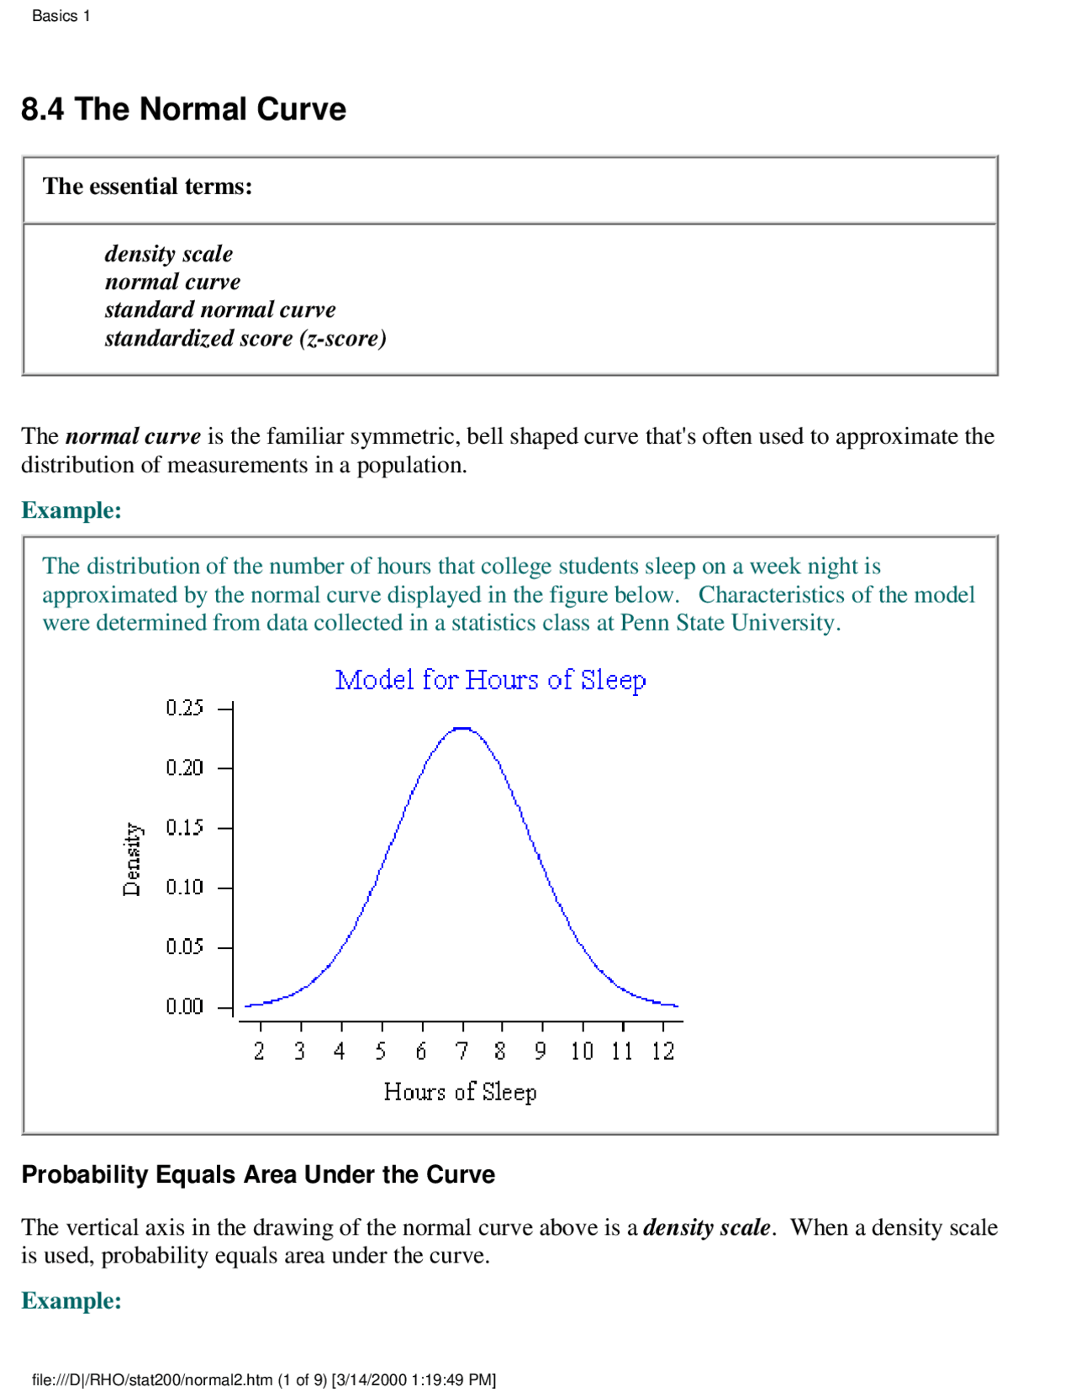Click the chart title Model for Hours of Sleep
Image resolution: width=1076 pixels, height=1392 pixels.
click(x=490, y=679)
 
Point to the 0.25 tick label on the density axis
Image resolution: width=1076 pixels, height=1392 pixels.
click(x=184, y=708)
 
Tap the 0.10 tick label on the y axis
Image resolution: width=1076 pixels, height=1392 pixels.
click(x=184, y=887)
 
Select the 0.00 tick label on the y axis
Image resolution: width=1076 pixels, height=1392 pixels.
click(x=184, y=1006)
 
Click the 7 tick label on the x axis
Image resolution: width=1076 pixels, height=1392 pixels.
click(x=462, y=1051)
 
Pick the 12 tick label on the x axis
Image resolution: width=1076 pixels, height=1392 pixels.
click(x=663, y=1051)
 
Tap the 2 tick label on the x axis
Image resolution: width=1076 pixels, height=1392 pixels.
click(x=260, y=1051)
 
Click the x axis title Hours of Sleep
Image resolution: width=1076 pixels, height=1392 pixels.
click(x=460, y=1092)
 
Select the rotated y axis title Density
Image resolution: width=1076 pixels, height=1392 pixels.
click(x=133, y=858)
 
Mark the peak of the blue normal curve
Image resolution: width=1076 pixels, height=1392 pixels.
click(x=462, y=728)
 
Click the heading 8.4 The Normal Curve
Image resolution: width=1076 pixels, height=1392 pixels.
click(x=183, y=109)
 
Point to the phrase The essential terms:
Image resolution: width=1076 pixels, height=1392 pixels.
click(x=147, y=187)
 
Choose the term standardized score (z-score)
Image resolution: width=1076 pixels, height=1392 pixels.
click(x=245, y=338)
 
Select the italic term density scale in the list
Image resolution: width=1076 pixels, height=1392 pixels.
click(x=169, y=254)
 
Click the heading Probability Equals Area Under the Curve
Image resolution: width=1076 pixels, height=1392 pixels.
click(x=258, y=1174)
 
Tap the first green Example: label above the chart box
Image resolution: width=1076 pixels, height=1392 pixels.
click(x=71, y=510)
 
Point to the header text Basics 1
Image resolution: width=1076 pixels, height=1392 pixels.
click(x=61, y=16)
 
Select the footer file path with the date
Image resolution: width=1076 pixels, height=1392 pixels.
click(x=264, y=1379)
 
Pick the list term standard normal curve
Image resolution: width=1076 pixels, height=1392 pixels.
click(x=220, y=310)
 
